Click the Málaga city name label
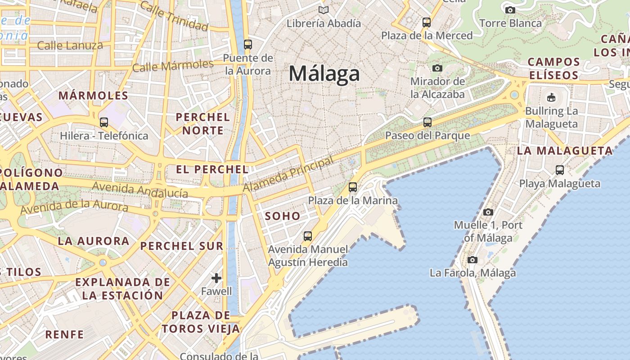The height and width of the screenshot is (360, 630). [x=324, y=73]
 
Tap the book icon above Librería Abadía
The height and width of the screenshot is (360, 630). [x=323, y=10]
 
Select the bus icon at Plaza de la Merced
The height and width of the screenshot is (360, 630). [x=426, y=22]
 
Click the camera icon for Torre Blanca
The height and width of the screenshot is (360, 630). [x=510, y=10]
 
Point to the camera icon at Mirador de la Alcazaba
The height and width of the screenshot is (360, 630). [x=437, y=68]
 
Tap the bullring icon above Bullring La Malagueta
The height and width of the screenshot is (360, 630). [x=551, y=97]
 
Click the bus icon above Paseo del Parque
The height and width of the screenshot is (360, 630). [x=427, y=122]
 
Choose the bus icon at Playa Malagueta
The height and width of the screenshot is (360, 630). [x=559, y=170]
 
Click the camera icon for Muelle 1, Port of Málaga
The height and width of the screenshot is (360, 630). [x=488, y=211]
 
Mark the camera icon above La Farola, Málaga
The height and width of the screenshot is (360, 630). [x=472, y=260]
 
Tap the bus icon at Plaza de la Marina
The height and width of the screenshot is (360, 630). [x=353, y=187]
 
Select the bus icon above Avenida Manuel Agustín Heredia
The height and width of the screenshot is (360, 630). [x=308, y=236]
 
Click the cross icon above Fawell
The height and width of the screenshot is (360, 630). [x=216, y=278]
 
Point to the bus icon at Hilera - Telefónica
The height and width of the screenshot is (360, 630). [x=104, y=122]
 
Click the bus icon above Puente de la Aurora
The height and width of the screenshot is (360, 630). [x=248, y=44]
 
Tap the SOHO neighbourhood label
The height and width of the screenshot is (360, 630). [x=282, y=216]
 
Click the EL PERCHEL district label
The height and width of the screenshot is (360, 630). [x=212, y=170]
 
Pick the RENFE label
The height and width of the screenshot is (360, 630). [x=64, y=334]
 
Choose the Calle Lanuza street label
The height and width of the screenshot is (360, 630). [x=70, y=45]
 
